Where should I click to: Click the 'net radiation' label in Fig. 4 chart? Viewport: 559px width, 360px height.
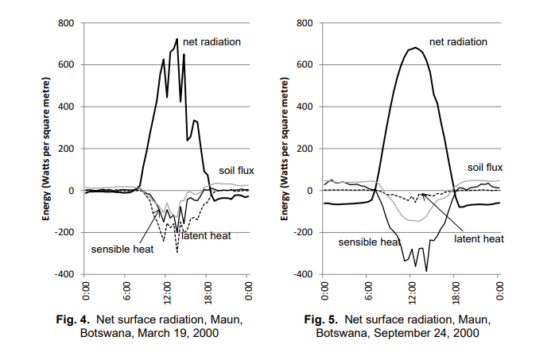tap(211, 41)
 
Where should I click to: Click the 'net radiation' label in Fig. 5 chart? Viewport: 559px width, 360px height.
tap(458, 41)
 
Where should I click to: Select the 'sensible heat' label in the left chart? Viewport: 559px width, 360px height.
tap(122, 248)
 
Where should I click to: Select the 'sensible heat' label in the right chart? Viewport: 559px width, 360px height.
tap(368, 242)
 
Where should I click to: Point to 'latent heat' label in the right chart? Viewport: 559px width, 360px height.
tap(479, 238)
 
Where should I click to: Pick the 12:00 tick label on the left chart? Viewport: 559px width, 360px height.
tap(165, 290)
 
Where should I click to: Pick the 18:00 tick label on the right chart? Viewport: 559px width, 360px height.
tap(456, 290)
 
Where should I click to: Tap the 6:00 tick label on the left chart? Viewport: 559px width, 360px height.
tap(126, 290)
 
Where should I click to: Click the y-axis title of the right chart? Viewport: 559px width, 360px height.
tap(285, 149)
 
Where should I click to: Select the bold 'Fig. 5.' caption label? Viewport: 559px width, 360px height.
tap(324, 320)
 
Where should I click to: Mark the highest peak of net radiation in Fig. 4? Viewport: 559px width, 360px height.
tap(177, 39)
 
